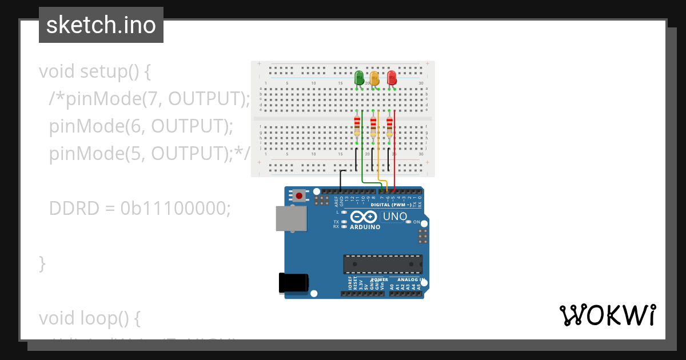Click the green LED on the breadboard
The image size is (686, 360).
coord(359,78)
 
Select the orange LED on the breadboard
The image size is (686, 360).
coord(374,78)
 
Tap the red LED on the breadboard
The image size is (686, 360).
coord(392,78)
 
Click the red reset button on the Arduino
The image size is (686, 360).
coord(299,197)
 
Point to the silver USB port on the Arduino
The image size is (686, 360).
coord(290,218)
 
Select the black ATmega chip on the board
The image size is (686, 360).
coord(382,264)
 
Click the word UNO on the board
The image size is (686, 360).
coord(394,217)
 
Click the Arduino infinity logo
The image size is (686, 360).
coord(364,217)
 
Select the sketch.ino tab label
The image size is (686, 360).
coord(101,25)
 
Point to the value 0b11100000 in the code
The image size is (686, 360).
coord(176,208)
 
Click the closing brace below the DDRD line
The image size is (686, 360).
coord(42,263)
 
